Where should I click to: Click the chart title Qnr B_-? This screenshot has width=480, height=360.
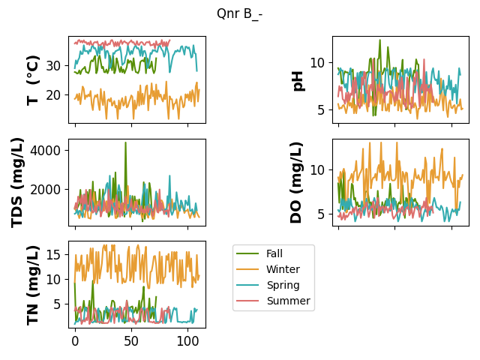[x=239, y=13]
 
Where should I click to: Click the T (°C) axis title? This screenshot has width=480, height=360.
[x=33, y=80]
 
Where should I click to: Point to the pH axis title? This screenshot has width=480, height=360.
[x=298, y=81]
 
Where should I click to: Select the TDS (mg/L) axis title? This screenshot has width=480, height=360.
[x=17, y=183]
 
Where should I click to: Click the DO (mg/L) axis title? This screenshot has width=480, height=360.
[x=296, y=183]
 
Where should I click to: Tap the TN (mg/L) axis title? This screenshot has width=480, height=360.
[x=33, y=285]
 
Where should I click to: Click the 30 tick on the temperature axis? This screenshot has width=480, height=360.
[x=53, y=66]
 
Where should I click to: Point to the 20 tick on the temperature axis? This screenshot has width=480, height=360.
[x=53, y=95]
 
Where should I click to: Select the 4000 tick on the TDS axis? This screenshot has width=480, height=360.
[x=46, y=151]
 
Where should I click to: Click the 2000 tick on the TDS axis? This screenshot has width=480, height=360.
[x=46, y=190]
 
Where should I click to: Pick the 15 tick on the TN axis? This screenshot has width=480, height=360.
[x=53, y=255]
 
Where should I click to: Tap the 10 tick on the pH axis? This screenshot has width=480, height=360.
[x=317, y=63]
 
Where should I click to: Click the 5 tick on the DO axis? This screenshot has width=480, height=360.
[x=321, y=214]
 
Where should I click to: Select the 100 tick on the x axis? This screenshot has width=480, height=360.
[x=187, y=341]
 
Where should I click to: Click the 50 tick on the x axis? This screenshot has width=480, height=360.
[x=132, y=341]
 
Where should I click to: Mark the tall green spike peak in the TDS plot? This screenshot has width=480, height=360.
[x=125, y=142]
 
